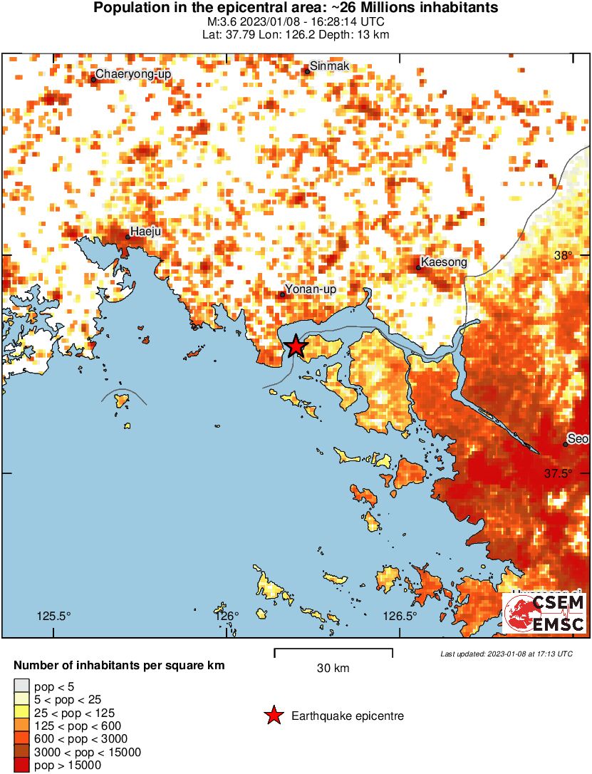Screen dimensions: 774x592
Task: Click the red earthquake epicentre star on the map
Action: (295, 346)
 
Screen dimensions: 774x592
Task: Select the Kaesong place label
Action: (444, 262)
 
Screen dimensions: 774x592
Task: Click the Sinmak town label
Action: (328, 65)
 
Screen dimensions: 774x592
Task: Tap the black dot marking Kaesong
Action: (419, 268)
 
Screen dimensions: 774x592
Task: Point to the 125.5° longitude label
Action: (54, 616)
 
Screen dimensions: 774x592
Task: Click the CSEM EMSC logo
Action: (545, 614)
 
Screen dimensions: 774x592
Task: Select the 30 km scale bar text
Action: (333, 669)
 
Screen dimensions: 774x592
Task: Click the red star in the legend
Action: (273, 716)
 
